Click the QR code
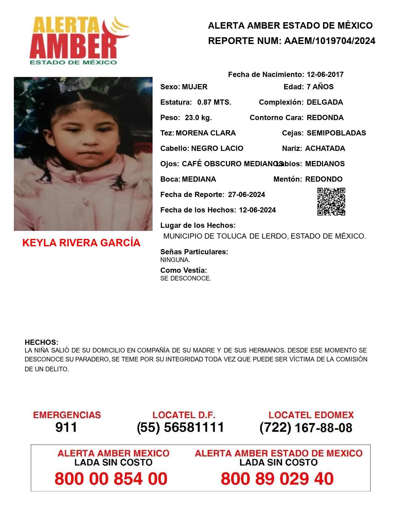click(331, 202)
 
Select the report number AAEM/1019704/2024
click(330, 41)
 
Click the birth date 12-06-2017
click(325, 75)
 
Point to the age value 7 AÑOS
click(320, 87)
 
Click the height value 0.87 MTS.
click(214, 102)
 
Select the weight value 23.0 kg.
click(198, 118)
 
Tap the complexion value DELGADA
click(325, 102)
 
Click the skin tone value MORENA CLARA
click(206, 133)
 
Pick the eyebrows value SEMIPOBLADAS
click(336, 133)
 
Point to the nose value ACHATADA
click(325, 148)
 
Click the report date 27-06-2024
click(246, 195)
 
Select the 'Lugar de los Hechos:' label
click(198, 225)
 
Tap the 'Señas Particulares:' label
click(194, 252)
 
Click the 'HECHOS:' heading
click(41, 342)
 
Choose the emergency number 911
click(66, 427)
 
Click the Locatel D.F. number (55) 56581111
click(180, 427)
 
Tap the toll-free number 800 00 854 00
click(111, 479)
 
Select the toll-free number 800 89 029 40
click(277, 479)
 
